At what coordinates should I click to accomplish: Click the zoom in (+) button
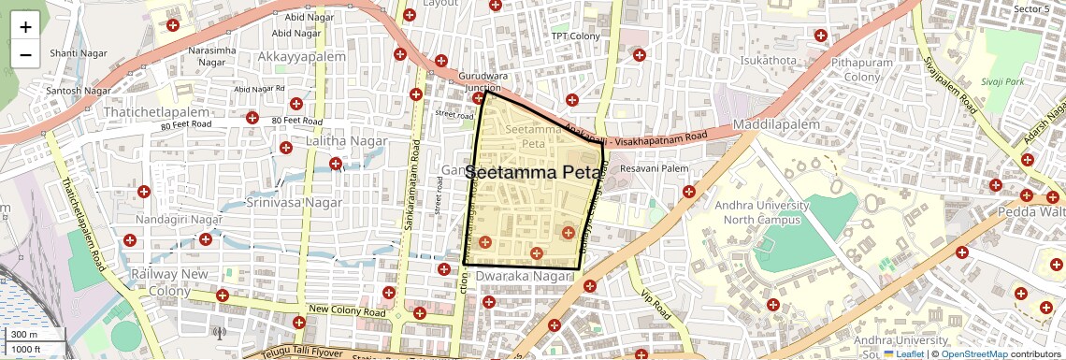click(x=25, y=26)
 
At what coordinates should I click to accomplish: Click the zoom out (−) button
click(x=25, y=54)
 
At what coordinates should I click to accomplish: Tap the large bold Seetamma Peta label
click(x=533, y=173)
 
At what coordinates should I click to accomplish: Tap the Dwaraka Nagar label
click(x=523, y=277)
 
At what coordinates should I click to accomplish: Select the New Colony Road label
click(x=347, y=311)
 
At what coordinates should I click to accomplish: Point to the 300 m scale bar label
click(x=24, y=335)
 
